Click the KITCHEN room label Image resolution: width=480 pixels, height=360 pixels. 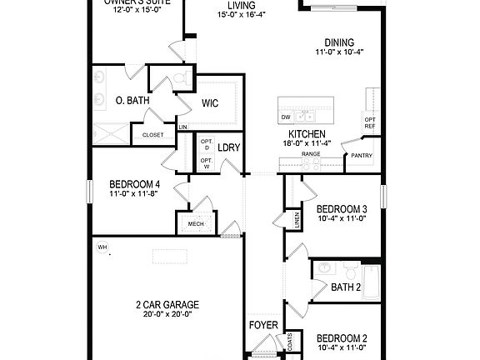pyautogui.click(x=307, y=134)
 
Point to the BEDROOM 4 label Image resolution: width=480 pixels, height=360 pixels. pyautogui.click(x=134, y=184)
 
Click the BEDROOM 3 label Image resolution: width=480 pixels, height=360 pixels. pyautogui.click(x=342, y=208)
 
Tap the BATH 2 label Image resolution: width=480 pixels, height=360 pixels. pyautogui.click(x=345, y=287)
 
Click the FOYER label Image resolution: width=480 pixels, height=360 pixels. pyautogui.click(x=262, y=324)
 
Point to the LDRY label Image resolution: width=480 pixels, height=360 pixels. pyautogui.click(x=228, y=147)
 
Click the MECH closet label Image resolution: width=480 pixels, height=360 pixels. pyautogui.click(x=196, y=223)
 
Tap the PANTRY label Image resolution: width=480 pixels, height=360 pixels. pyautogui.click(x=362, y=155)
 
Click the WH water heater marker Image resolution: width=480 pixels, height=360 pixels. pyautogui.click(x=102, y=247)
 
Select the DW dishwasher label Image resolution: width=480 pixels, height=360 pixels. pyautogui.click(x=286, y=117)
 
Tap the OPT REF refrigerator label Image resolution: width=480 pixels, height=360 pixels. pyautogui.click(x=370, y=122)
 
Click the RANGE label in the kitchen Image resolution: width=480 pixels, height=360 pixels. pyautogui.click(x=311, y=154)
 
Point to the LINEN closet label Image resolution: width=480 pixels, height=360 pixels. pyautogui.click(x=297, y=219)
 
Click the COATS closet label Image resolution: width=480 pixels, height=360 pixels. pyautogui.click(x=289, y=342)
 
